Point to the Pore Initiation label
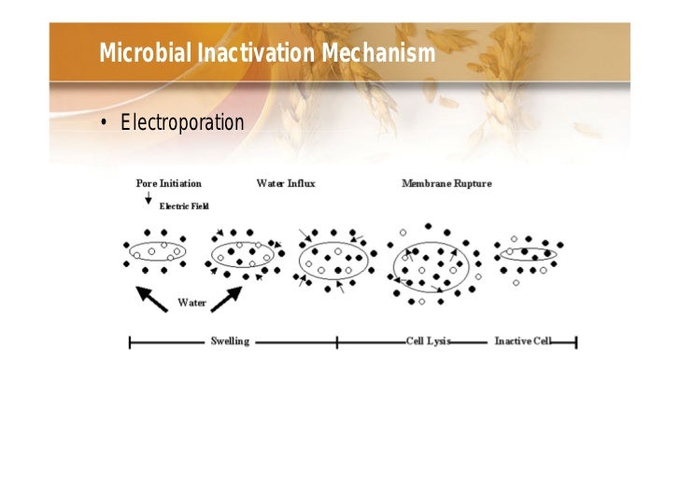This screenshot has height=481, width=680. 168,183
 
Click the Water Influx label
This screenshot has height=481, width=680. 285,183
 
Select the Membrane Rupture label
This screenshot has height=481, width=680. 446,183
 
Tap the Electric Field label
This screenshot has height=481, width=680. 184,205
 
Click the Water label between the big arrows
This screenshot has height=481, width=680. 191,303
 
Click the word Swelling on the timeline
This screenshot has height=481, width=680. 229,342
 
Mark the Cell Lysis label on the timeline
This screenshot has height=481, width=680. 428,342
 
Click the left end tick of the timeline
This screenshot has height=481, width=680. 129,342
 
